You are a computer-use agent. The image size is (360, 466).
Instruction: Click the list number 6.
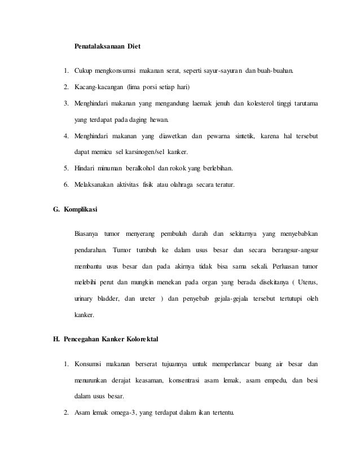(x=65, y=185)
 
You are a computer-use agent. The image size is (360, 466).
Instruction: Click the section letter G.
(x=55, y=210)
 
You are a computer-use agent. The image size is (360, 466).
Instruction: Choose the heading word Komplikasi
(x=80, y=210)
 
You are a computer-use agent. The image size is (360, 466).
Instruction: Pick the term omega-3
(x=125, y=412)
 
